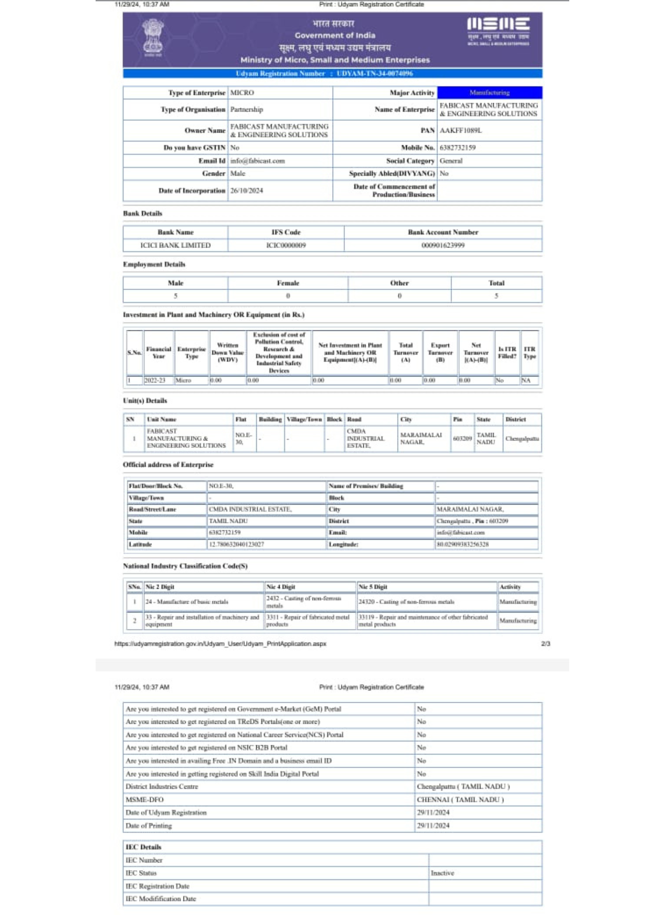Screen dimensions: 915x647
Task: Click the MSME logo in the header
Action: [498, 31]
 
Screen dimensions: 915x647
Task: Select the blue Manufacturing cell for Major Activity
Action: [489, 93]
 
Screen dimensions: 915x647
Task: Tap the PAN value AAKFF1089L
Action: [460, 131]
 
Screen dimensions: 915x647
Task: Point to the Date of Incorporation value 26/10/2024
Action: [247, 191]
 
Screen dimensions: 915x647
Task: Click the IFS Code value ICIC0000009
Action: [286, 246]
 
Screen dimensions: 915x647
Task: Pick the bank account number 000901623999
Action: [442, 246]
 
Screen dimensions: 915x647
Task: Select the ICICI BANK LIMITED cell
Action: [175, 246]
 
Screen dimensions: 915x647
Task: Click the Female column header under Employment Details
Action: [288, 283]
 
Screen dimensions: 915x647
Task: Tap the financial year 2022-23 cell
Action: [155, 381]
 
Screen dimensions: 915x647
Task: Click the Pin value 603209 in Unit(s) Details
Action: [462, 439]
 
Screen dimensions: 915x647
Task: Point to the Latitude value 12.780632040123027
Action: [236, 544]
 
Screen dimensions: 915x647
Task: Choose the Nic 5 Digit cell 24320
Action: [406, 602]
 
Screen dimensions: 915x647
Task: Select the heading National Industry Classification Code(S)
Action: [185, 566]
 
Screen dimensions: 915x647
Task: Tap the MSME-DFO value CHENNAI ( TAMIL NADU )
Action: [460, 800]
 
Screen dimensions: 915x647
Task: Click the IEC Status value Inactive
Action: [442, 873]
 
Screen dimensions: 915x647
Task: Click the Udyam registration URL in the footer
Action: [220, 644]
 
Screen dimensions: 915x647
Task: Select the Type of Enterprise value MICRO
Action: [242, 93]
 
